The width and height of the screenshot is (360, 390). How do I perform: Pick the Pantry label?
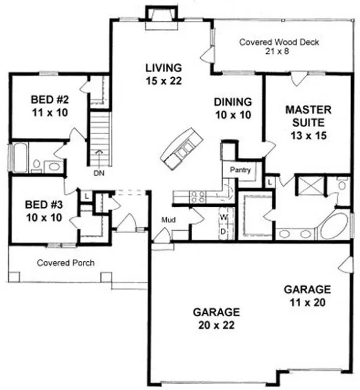click(240, 171)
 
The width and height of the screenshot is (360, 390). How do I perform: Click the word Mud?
click(168, 221)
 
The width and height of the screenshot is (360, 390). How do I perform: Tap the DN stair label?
click(99, 173)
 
